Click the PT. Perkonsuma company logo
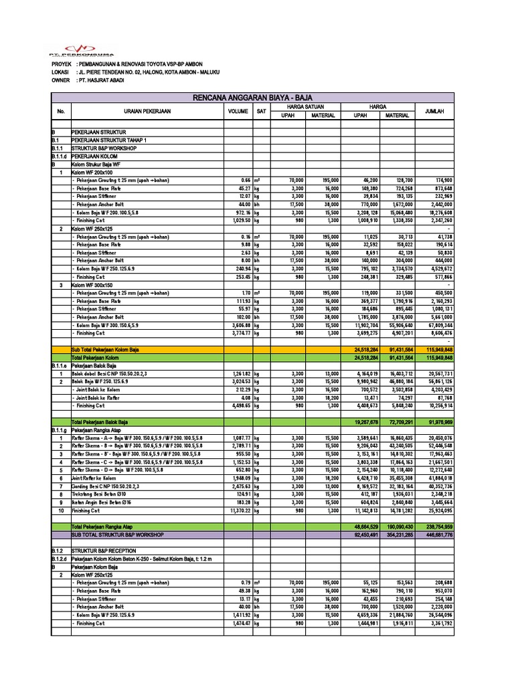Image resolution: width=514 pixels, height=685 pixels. pyautogui.click(x=81, y=50)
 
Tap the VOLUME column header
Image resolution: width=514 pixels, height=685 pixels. pyautogui.click(x=238, y=111)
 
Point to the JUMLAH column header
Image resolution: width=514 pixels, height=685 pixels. pyautogui.click(x=434, y=111)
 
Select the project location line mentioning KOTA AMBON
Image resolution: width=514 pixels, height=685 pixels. pyautogui.click(x=144, y=72)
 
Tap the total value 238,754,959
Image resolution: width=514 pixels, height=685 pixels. pyautogui.click(x=434, y=527)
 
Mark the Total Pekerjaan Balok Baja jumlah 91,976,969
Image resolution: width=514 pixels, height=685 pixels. pyautogui.click(x=434, y=423)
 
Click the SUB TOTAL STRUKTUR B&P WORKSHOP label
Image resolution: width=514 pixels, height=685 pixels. pyautogui.click(x=117, y=534)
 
